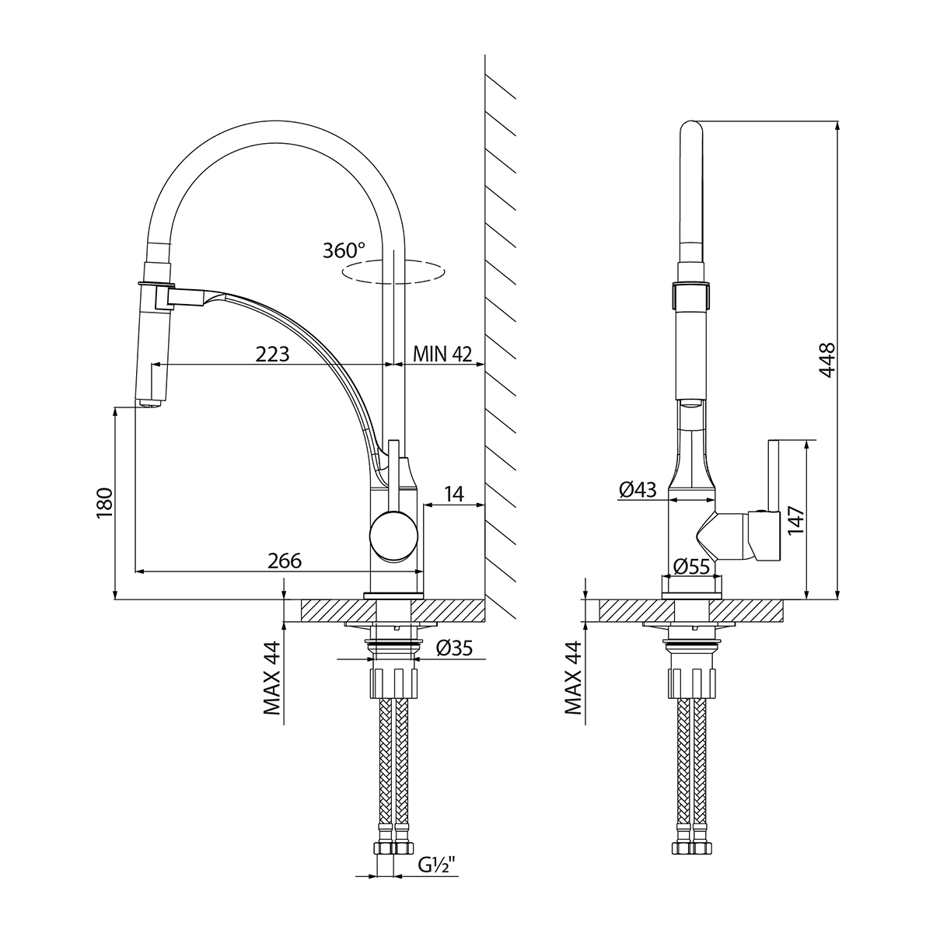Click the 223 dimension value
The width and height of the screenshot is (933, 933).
(x=273, y=355)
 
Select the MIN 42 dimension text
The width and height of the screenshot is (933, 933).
(x=442, y=355)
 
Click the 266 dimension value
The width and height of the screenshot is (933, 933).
(x=285, y=561)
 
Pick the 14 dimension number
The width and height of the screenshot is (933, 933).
(x=454, y=493)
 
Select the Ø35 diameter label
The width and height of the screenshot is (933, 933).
(x=454, y=647)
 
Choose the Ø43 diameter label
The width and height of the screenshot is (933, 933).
(x=638, y=490)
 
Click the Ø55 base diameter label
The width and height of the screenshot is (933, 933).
(x=692, y=567)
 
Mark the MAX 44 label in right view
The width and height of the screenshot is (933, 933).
(x=573, y=678)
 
